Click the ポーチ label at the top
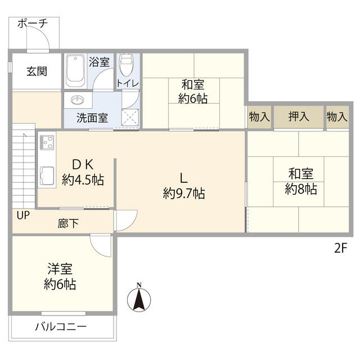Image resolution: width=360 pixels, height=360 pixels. click(31, 23)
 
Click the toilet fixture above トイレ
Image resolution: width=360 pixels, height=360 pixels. click(127, 66)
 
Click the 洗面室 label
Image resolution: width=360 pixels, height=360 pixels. click(93, 119)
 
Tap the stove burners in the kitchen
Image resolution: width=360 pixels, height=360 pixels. click(46, 143)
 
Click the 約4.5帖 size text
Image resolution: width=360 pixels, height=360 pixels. click(83, 180)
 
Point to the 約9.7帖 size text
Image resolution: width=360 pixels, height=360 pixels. click(183, 194)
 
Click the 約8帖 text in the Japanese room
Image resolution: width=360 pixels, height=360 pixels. click(300, 189)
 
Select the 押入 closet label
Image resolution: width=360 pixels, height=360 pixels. click(298, 117)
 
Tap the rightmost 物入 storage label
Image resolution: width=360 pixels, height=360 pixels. click(336, 117)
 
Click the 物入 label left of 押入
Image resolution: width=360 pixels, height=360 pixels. click(259, 117)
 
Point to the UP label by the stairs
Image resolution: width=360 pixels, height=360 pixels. click(23, 215)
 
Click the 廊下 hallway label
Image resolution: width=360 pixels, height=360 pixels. click(68, 223)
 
